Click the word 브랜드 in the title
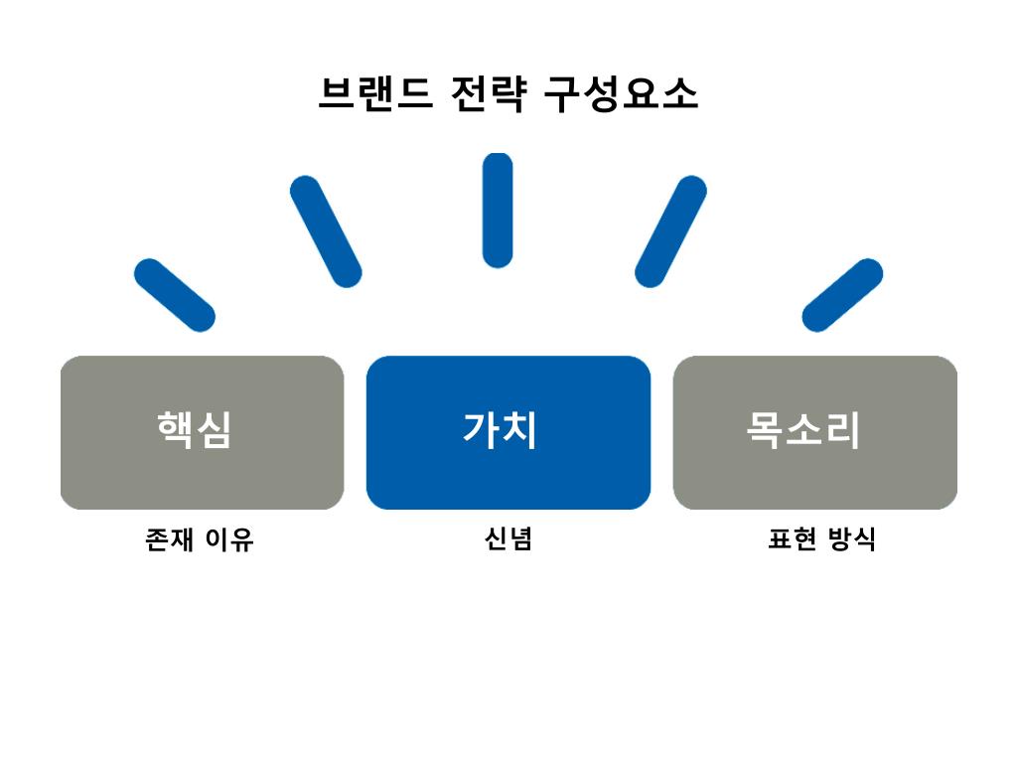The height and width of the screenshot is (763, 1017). pos(374,94)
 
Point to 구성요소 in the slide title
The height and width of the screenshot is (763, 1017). pos(621,94)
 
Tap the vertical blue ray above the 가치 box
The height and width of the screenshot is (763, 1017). pos(498,210)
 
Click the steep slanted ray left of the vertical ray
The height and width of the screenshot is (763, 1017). pos(326,231)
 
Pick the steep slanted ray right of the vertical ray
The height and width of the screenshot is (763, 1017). pos(670,231)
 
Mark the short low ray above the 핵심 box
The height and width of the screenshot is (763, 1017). pos(175,295)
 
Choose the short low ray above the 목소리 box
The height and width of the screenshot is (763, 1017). pos(842,295)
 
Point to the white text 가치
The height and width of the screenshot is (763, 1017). pos(500,430)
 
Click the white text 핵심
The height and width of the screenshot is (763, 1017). pos(194,430)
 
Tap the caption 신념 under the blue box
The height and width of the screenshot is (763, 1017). pos(508,539)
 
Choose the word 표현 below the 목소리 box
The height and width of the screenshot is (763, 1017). pos(792,539)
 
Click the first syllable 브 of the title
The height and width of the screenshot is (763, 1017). pos(336,94)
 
